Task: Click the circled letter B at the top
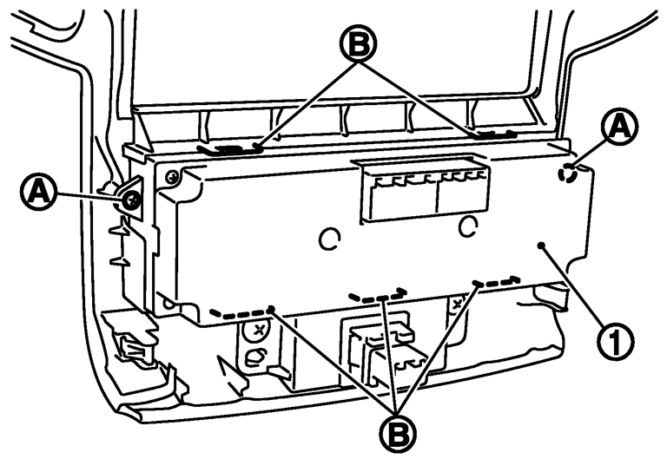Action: [x=359, y=44]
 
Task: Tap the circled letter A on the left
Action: [x=38, y=192]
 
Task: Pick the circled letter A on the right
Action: [x=619, y=126]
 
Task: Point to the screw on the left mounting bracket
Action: [x=131, y=200]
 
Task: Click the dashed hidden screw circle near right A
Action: [x=568, y=174]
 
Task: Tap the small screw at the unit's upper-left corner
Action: [x=172, y=176]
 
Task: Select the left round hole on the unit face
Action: [x=329, y=240]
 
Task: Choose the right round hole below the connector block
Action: [x=468, y=226]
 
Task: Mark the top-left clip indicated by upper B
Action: [x=228, y=149]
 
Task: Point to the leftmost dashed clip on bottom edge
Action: [x=241, y=313]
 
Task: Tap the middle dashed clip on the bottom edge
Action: [x=376, y=295]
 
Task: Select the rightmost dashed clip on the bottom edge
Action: [x=497, y=282]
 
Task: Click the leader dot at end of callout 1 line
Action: [x=541, y=246]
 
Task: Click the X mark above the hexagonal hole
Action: [x=258, y=330]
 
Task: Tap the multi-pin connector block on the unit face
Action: [x=424, y=190]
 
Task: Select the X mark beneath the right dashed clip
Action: [x=459, y=304]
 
